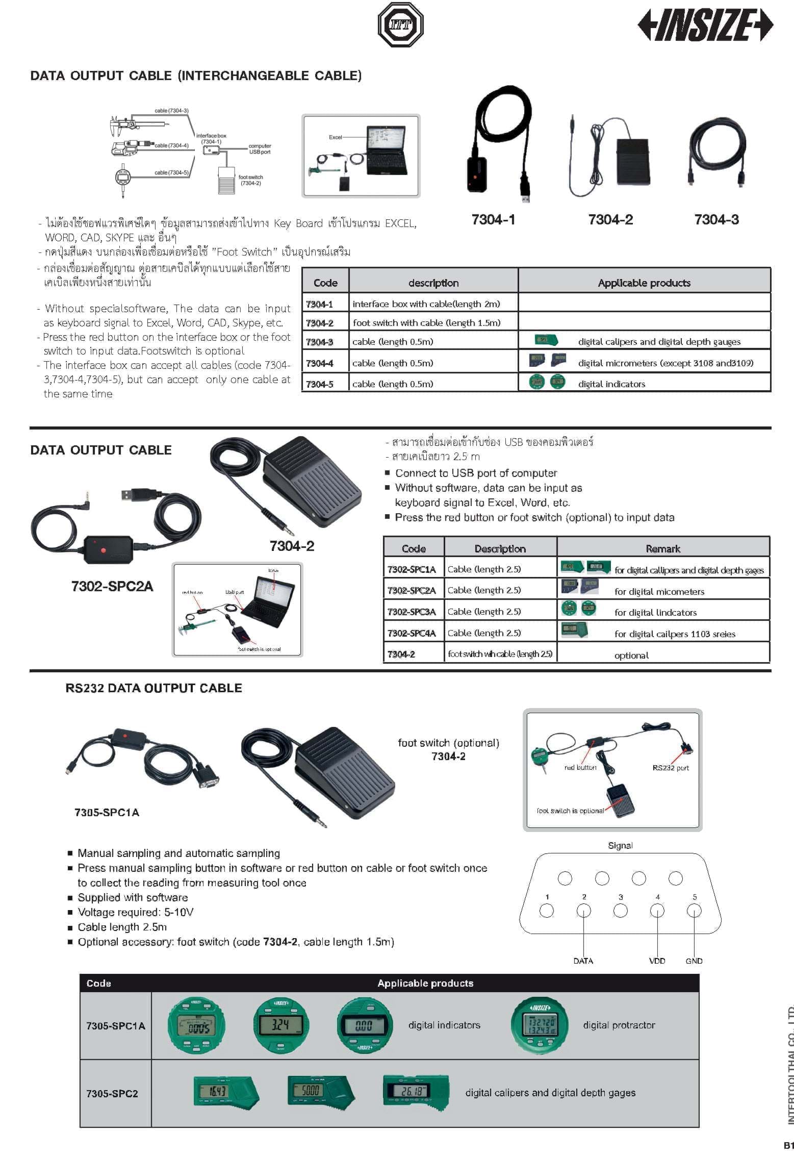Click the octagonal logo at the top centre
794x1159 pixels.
401,24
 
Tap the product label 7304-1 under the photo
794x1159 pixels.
493,220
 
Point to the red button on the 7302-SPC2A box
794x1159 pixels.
103,550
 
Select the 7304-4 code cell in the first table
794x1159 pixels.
320,363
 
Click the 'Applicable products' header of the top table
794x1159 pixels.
644,283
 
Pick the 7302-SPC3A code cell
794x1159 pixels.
412,612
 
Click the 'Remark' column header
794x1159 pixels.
662,549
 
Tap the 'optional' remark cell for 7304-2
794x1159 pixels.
631,656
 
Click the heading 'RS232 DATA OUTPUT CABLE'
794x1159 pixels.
153,688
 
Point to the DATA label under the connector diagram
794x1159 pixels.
583,961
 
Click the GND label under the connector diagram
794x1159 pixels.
694,961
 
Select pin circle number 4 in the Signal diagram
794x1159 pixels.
657,911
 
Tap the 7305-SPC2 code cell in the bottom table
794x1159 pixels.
112,1094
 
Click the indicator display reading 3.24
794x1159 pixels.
281,1025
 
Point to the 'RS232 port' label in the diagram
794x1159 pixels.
671,768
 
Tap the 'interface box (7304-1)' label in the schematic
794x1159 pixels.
211,139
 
